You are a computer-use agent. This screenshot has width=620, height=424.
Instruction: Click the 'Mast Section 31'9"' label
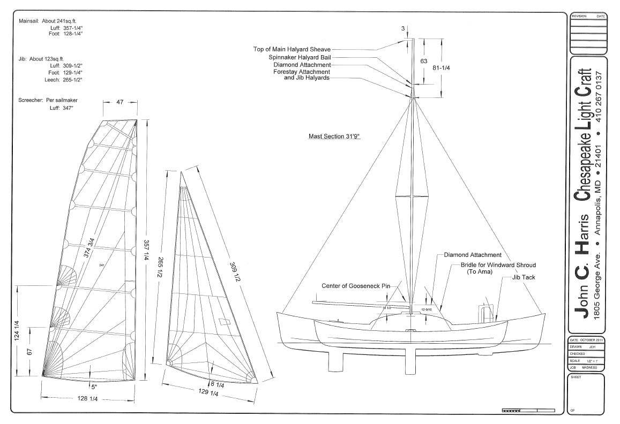334,137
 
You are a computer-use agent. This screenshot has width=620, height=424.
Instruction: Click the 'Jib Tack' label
524,277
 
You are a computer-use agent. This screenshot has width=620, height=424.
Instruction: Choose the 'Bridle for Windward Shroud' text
498,265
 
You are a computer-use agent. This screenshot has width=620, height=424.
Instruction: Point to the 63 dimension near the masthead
424,61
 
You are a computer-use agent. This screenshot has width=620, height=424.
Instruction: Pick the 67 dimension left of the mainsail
30,352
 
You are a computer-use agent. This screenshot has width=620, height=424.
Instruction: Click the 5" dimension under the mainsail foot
94,386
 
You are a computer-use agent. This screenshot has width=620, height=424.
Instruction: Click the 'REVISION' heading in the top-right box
579,17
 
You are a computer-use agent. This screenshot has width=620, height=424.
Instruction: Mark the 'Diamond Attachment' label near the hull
473,255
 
